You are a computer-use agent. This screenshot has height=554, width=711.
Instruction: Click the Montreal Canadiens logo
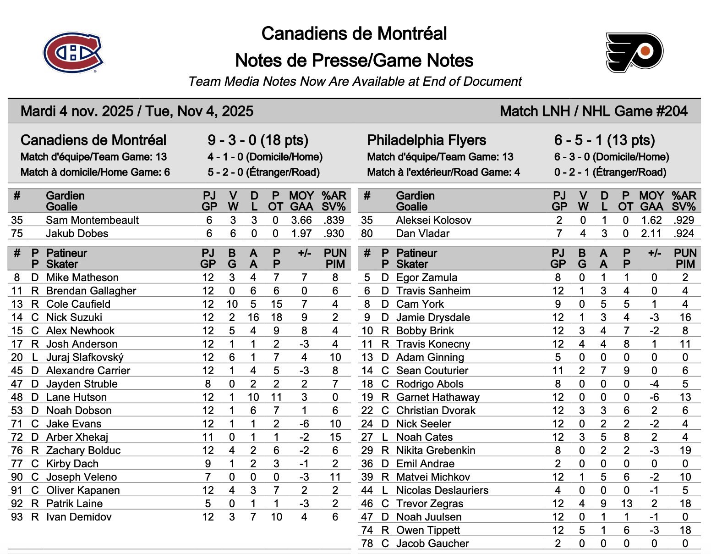[x=73, y=52]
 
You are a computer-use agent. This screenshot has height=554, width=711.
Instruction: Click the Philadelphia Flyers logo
[x=634, y=52]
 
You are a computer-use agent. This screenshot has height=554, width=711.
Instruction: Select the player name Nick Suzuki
[x=74, y=317]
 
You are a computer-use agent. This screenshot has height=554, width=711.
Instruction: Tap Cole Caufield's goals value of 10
[x=232, y=304]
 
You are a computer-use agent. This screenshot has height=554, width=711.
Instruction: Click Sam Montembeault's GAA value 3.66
[x=301, y=220]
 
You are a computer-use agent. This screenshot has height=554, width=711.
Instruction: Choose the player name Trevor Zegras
[x=429, y=504]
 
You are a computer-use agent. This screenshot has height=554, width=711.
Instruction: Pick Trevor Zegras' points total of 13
[x=626, y=504]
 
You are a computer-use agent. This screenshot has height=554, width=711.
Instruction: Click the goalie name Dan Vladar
[x=422, y=233]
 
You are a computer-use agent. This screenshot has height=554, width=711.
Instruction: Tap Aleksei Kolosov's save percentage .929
[x=684, y=220]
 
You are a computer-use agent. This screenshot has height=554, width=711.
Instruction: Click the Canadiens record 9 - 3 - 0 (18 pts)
[x=258, y=140]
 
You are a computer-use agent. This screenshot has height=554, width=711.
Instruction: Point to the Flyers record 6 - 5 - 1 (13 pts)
[x=604, y=140]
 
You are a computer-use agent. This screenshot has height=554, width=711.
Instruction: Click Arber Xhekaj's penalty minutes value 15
[x=335, y=437]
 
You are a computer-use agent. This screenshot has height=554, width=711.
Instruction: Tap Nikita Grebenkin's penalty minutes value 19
[x=685, y=450]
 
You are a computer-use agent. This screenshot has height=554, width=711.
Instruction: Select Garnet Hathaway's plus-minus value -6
[x=654, y=397]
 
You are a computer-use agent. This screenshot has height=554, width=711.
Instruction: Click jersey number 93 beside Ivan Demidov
[x=17, y=517]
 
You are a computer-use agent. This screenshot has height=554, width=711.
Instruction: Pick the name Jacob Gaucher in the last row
[x=432, y=543]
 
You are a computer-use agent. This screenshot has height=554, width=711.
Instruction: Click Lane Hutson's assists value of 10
[x=253, y=397]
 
